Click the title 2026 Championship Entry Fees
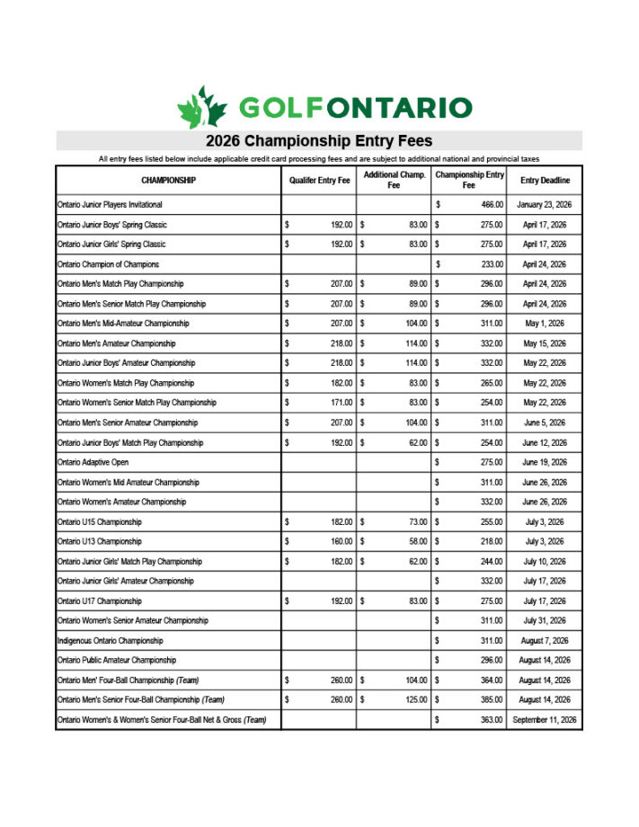click(x=319, y=141)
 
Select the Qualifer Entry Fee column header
click(x=319, y=181)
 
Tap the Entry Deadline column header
click(x=545, y=181)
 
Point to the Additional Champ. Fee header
click(x=394, y=180)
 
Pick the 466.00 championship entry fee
click(x=491, y=205)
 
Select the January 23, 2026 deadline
click(x=545, y=205)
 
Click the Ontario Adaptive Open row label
click(x=93, y=462)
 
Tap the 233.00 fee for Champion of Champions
click(x=491, y=264)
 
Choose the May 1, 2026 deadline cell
click(x=545, y=324)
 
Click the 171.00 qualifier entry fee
click(x=340, y=403)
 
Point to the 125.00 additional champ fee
click(x=414, y=699)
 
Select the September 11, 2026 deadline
click(x=545, y=719)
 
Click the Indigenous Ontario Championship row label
click(x=111, y=640)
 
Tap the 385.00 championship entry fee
click(x=491, y=699)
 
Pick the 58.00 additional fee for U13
click(x=416, y=541)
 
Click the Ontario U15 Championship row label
click(x=100, y=521)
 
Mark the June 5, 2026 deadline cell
click(x=545, y=422)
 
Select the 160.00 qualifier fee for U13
click(x=340, y=541)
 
